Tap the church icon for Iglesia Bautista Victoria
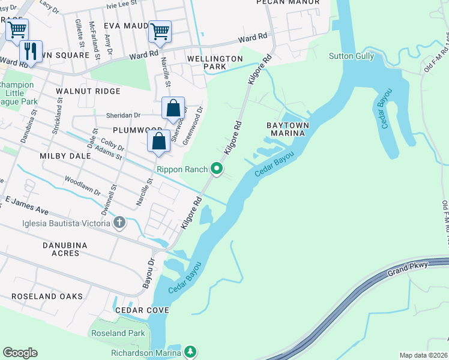pyautogui.click(x=119, y=223)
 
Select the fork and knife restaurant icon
pyautogui.click(x=31, y=50)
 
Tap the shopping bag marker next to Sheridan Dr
pyautogui.click(x=173, y=109)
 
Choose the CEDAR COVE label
pyautogui.click(x=142, y=310)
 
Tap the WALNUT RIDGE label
pyautogui.click(x=88, y=91)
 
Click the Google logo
pyautogui.click(x=20, y=353)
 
